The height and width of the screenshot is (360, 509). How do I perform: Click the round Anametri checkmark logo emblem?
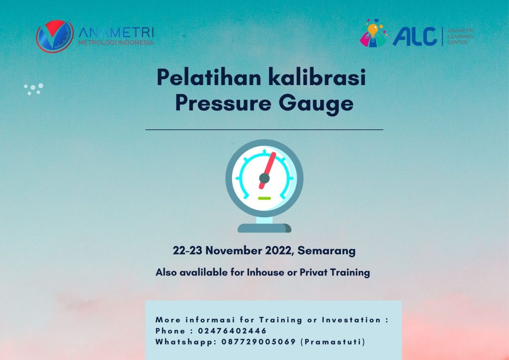click(55, 36)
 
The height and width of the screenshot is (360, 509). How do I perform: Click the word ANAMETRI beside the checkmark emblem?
click(116, 32)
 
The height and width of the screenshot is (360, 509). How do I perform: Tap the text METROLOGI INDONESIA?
click(116, 43)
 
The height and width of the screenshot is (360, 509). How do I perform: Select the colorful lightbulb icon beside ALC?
click(374, 33)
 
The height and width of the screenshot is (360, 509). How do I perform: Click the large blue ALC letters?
click(415, 36)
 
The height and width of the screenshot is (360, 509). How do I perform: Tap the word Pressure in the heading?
click(223, 103)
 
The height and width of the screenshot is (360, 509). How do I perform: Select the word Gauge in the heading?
click(316, 104)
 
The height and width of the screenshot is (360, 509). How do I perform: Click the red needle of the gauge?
click(267, 171)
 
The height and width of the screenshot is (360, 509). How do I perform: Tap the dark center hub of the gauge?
click(264, 178)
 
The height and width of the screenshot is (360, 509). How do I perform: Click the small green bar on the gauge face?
click(264, 198)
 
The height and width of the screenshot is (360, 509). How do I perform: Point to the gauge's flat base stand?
click(264, 228)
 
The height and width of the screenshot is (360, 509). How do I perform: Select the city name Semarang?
click(327, 251)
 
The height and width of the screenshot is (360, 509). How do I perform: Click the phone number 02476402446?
click(233, 331)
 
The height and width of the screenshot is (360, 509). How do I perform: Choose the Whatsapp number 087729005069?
click(258, 342)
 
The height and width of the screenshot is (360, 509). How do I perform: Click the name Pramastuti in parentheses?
click(333, 342)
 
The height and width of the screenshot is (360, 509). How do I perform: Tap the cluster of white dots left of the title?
click(33, 89)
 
